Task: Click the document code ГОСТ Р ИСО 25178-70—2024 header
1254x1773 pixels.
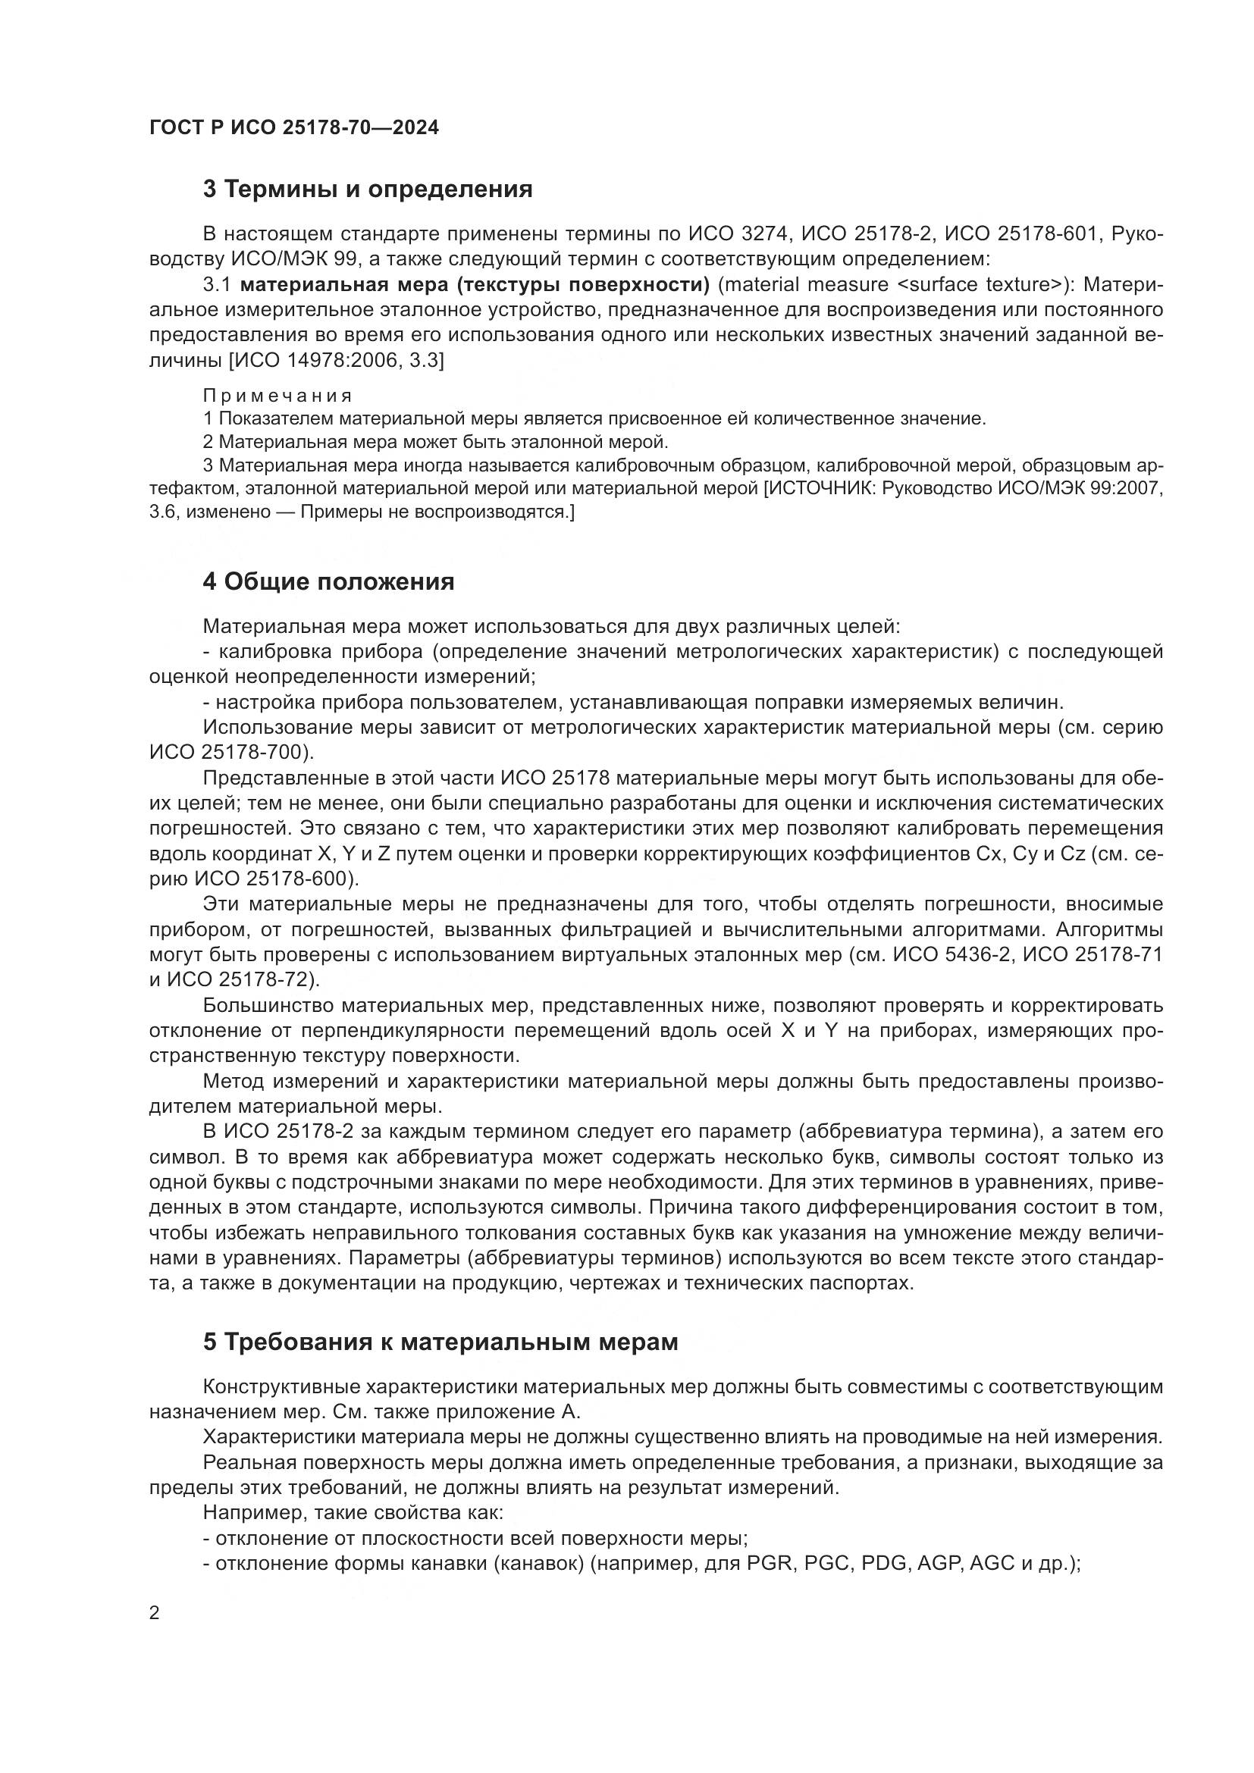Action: coord(293,127)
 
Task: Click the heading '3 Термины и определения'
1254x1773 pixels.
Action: coord(368,190)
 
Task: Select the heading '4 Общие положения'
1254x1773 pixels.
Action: coord(328,581)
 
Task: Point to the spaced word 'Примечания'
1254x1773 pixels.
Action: coord(277,396)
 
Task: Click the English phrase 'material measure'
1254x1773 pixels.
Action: coord(807,285)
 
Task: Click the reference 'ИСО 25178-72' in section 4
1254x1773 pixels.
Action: coord(235,980)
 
